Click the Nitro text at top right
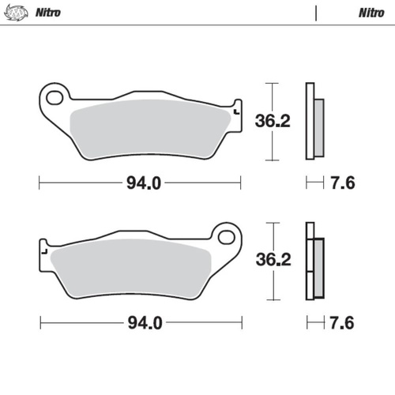(x=371, y=13)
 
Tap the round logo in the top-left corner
(x=17, y=13)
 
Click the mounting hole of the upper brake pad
(x=55, y=98)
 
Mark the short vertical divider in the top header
(x=315, y=13)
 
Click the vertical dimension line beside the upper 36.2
(x=272, y=122)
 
